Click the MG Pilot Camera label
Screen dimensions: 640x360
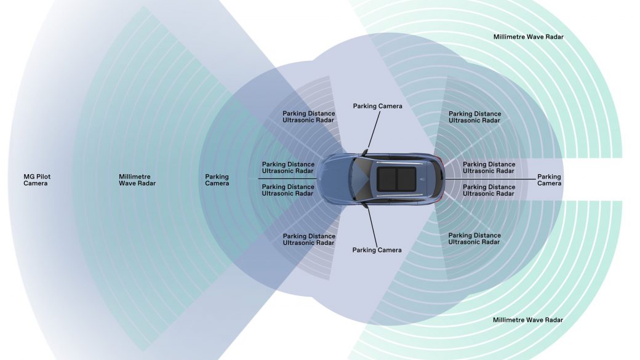37,180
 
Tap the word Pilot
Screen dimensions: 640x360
43,177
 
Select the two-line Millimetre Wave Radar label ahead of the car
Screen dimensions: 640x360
137,180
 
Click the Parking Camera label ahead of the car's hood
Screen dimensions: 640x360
217,180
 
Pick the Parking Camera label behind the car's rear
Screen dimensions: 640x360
550,180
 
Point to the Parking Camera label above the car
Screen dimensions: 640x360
378,106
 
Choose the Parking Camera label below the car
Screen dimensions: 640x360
377,250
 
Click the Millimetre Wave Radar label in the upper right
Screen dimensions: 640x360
529,37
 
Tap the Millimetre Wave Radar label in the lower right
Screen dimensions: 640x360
528,320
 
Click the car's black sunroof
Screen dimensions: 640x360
396,179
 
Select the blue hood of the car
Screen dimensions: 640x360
335,179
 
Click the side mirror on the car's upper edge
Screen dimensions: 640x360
364,153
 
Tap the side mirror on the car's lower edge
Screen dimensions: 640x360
364,206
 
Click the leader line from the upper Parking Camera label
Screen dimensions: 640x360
374,130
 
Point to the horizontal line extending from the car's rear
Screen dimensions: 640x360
490,179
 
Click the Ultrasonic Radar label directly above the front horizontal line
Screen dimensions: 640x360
288,168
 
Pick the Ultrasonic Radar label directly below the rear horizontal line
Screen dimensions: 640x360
489,190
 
